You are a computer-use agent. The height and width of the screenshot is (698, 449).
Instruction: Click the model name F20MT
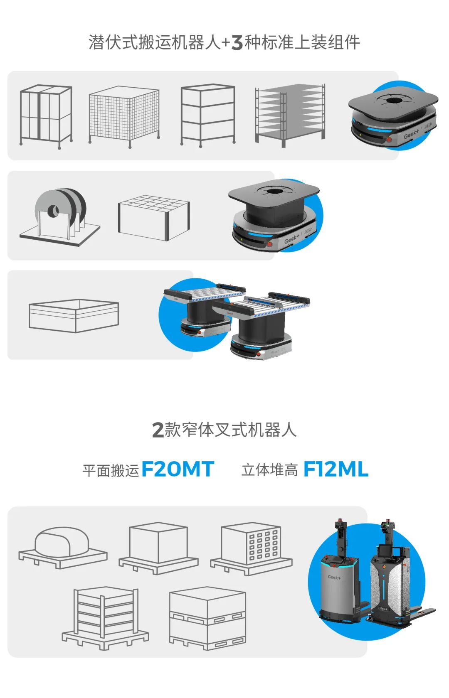pyautogui.click(x=178, y=469)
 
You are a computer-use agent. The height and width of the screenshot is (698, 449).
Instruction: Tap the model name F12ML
pyautogui.click(x=336, y=469)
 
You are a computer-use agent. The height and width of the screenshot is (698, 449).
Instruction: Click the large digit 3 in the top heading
pyautogui.click(x=237, y=42)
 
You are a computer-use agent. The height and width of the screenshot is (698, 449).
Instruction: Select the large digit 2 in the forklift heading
pyautogui.click(x=158, y=430)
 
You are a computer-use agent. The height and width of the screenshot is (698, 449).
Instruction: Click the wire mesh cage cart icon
pyautogui.click(x=124, y=116)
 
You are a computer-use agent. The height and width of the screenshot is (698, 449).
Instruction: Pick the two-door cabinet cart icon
pyautogui.click(x=46, y=116)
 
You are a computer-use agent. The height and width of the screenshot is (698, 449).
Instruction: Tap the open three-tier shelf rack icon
pyautogui.click(x=208, y=116)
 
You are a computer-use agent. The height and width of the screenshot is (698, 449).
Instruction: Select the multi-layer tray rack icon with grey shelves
pyautogui.click(x=290, y=116)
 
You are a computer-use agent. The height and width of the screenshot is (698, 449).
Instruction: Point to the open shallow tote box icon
pyautogui.click(x=74, y=316)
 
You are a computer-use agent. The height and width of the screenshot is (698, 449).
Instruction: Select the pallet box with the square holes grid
pyautogui.click(x=251, y=548)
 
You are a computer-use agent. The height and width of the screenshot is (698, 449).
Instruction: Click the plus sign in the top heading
pyautogui.click(x=226, y=43)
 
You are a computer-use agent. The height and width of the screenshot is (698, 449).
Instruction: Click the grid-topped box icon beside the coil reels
pyautogui.click(x=154, y=218)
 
